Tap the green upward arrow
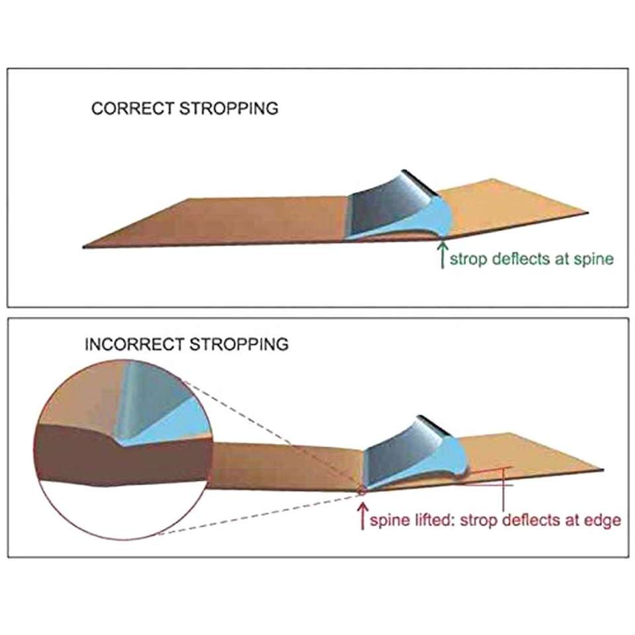tap(441, 255)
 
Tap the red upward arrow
tap(362, 516)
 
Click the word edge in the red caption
tap(603, 521)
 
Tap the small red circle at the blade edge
tap(361, 491)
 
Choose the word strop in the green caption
tap(466, 259)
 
